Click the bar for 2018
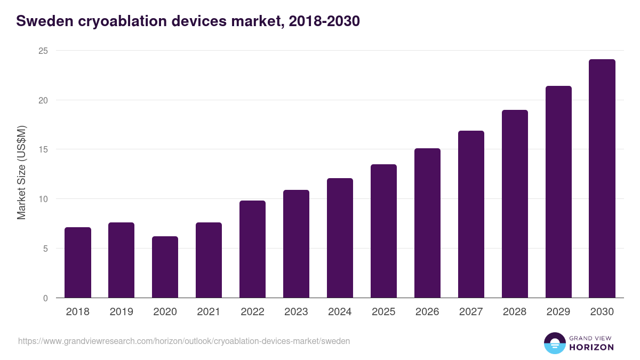[78, 262]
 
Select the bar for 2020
[165, 267]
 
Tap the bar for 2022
[252, 249]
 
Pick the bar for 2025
[383, 231]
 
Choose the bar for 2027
[471, 214]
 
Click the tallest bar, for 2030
[602, 179]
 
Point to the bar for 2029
[558, 192]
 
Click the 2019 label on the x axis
[122, 312]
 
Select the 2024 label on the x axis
[340, 312]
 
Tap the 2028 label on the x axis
[515, 312]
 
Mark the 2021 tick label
[209, 312]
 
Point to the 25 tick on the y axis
[43, 51]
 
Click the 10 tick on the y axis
[43, 199]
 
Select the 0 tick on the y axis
[45, 298]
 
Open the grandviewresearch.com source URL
[184, 341]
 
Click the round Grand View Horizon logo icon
[554, 343]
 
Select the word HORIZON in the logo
[592, 347]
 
